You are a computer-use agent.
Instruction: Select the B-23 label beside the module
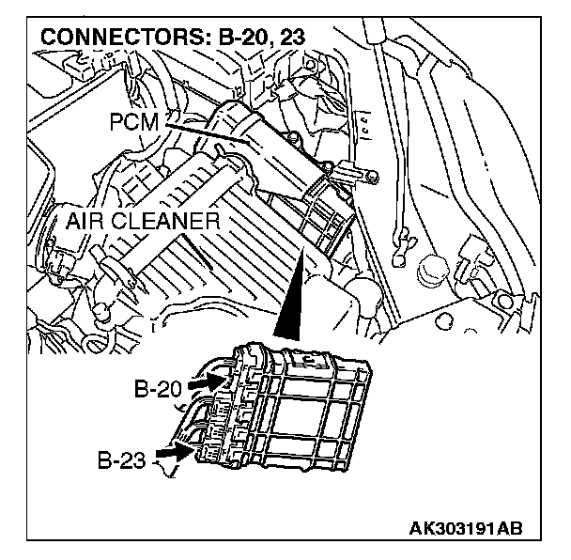(x=123, y=460)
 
